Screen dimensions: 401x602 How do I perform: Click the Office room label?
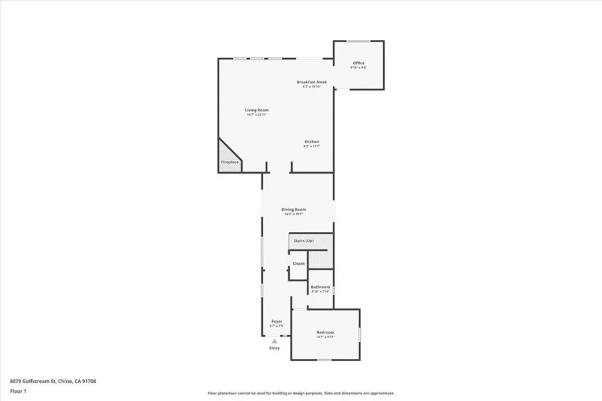[359, 63]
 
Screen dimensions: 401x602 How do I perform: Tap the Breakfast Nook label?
[312, 82]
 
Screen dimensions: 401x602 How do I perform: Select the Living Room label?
[257, 110]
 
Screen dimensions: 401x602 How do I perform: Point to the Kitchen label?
[312, 142]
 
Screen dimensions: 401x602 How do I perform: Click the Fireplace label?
[230, 161]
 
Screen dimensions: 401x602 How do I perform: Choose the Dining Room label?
[293, 210]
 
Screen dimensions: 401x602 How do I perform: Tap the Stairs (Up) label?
[303, 241]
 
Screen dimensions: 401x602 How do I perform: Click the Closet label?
[299, 264]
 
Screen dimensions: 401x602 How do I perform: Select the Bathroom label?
[320, 287]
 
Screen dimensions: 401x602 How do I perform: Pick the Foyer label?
[277, 321]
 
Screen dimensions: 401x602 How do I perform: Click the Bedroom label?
[325, 332]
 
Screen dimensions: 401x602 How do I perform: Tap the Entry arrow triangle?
[274, 341]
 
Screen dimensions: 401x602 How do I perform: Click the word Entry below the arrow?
[275, 348]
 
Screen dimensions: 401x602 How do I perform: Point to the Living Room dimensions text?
[257, 114]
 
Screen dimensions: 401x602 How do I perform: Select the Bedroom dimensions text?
[325, 337]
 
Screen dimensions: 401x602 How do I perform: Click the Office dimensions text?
[359, 68]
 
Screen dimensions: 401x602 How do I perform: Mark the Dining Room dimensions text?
[293, 214]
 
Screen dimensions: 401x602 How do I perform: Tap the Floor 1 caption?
[19, 390]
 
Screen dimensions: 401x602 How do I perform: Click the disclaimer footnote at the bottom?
[301, 393]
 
